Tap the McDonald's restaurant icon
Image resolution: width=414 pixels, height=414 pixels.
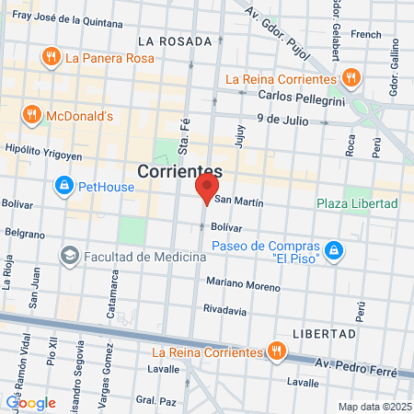pyautogui.click(x=33, y=116)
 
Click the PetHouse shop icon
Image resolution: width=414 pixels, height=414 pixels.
pyautogui.click(x=64, y=187)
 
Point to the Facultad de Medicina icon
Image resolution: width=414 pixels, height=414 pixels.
pyautogui.click(x=68, y=255)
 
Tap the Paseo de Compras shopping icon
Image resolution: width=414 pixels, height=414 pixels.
pyautogui.click(x=335, y=249)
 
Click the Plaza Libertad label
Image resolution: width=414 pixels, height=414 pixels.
pyautogui.click(x=357, y=202)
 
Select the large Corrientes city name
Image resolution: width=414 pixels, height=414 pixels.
pyautogui.click(x=179, y=171)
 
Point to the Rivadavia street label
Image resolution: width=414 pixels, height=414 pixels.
pyautogui.click(x=225, y=310)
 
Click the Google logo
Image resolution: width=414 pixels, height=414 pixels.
pyautogui.click(x=30, y=402)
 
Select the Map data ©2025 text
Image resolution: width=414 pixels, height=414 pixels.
pyautogui.click(x=373, y=407)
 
